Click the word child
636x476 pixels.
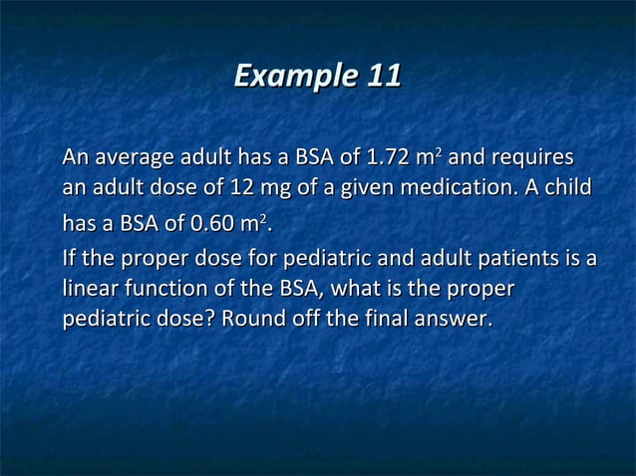point(570,187)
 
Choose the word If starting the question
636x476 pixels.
point(69,261)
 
